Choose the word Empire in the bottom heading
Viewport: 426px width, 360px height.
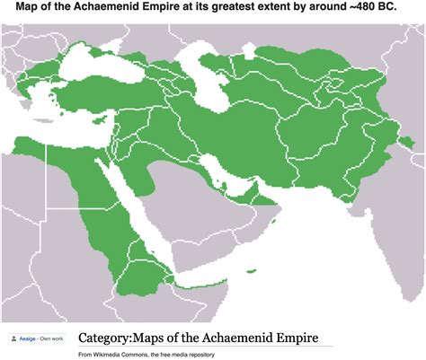click(x=292, y=338)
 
